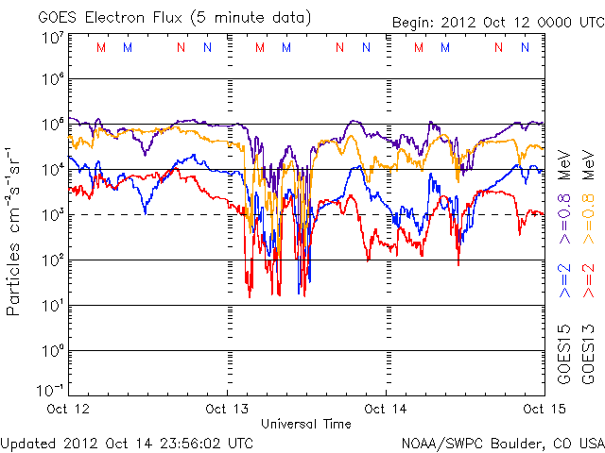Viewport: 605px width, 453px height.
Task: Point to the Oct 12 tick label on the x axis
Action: (69, 410)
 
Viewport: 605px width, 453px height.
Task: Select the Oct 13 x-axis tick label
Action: (228, 410)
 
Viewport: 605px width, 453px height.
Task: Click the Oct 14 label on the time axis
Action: (387, 410)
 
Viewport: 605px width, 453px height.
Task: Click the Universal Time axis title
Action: (306, 425)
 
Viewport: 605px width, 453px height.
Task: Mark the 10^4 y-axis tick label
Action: (51, 169)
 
